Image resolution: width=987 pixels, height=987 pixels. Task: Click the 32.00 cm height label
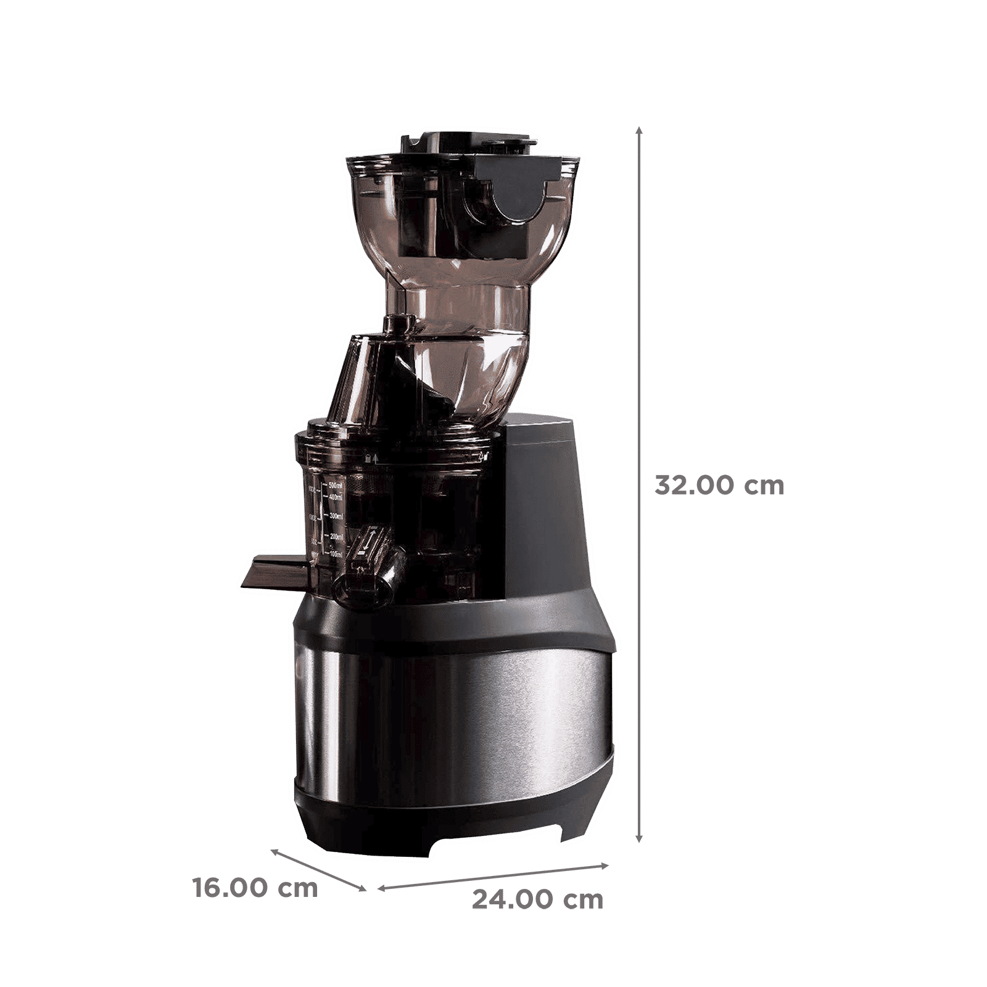[x=719, y=485]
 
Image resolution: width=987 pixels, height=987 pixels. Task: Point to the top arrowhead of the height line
[x=640, y=131]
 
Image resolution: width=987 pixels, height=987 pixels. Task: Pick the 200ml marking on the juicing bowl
[x=336, y=537]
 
